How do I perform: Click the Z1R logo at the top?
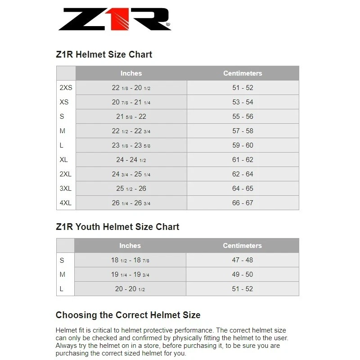pyautogui.click(x=114, y=20)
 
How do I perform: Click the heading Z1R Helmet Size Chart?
pyautogui.click(x=104, y=54)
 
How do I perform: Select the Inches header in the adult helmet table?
pyautogui.click(x=131, y=73)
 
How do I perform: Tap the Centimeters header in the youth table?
pyautogui.click(x=242, y=246)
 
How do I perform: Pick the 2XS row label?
pyautogui.click(x=66, y=88)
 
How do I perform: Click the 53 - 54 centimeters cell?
pyautogui.click(x=243, y=102)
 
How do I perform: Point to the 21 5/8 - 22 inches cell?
pyautogui.click(x=131, y=117)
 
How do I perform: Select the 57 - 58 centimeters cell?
pyautogui.click(x=243, y=131)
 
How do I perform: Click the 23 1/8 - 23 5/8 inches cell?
pyautogui.click(x=131, y=145)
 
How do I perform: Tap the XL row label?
pyautogui.click(x=64, y=160)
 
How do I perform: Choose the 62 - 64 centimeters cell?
pyautogui.click(x=243, y=174)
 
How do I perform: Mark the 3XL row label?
pyautogui.click(x=66, y=189)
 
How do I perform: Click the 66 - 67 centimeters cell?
pyautogui.click(x=243, y=203)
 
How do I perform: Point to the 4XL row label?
pyautogui.click(x=66, y=203)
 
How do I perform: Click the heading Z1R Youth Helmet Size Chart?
pyautogui.click(x=117, y=227)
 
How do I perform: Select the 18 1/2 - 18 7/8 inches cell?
pyautogui.click(x=130, y=260)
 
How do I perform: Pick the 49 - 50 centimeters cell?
pyautogui.click(x=242, y=274)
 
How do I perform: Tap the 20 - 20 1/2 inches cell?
pyautogui.click(x=130, y=289)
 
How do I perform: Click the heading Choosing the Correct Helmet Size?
pyautogui.click(x=128, y=315)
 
